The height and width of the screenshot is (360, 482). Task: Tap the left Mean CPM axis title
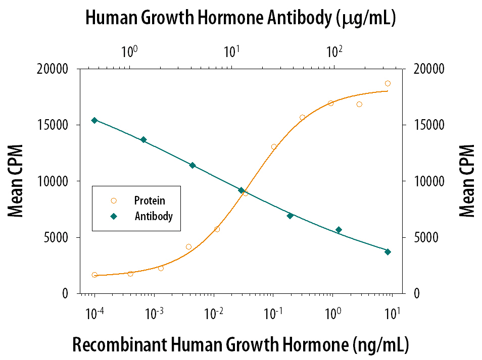(x=17, y=181)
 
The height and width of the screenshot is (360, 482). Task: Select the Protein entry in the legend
(x=149, y=201)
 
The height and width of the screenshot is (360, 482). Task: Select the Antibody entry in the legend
(x=153, y=217)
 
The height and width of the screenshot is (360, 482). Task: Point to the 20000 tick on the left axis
(x=54, y=69)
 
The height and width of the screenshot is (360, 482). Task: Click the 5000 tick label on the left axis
(x=57, y=237)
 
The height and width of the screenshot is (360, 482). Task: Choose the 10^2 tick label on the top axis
(x=334, y=51)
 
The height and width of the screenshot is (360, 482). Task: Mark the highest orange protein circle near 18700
(x=388, y=83)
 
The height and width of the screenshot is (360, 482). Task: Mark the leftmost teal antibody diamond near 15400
(x=94, y=120)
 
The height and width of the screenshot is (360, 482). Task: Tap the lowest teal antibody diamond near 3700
(x=388, y=251)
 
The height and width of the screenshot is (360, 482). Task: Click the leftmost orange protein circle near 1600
(x=94, y=275)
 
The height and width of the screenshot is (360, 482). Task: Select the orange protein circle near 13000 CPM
(x=274, y=147)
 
